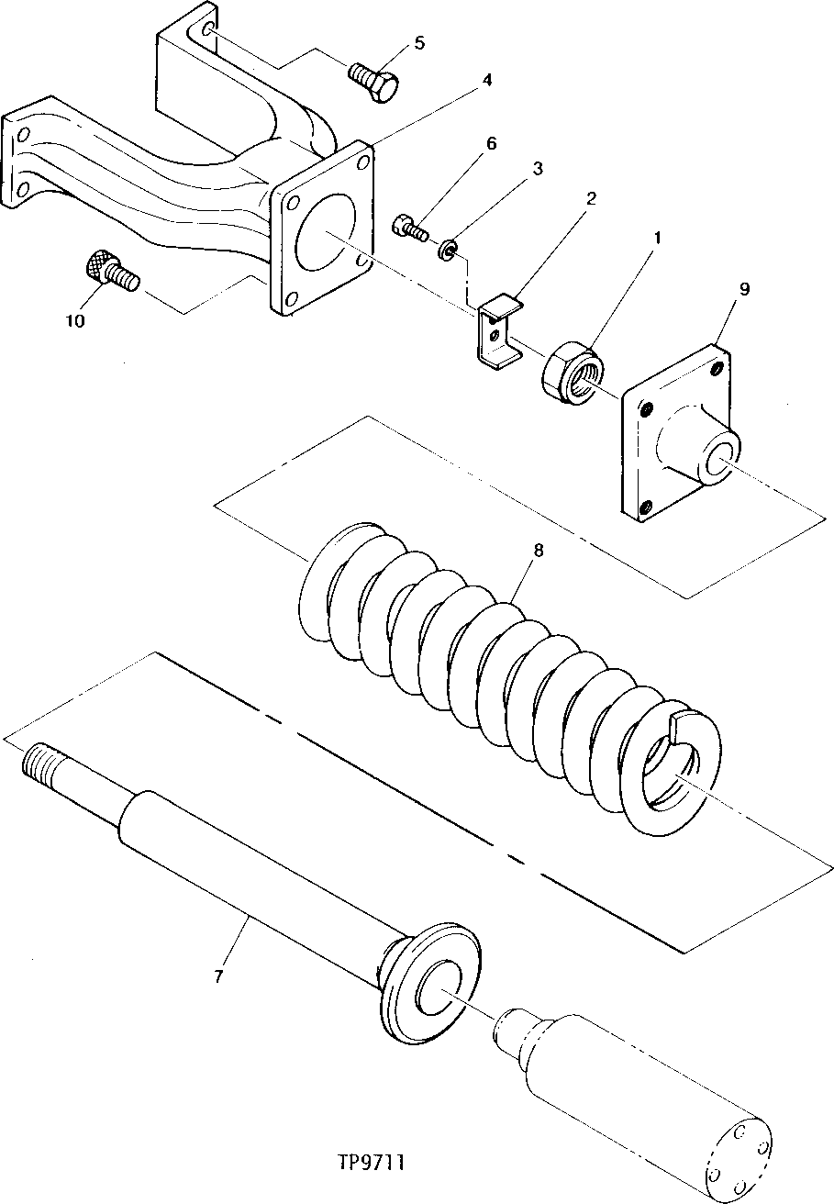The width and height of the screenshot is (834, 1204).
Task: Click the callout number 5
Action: [x=419, y=42]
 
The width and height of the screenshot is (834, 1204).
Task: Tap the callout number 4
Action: [x=486, y=80]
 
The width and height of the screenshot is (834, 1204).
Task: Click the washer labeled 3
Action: [x=449, y=248]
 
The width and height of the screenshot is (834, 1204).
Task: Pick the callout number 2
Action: [x=593, y=198]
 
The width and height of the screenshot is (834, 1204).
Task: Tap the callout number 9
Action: [x=744, y=289]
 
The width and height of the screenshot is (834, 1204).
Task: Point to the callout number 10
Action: [x=75, y=320]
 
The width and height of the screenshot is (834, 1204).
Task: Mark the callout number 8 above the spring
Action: [x=537, y=551]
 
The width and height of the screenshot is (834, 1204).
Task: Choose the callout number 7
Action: [x=218, y=977]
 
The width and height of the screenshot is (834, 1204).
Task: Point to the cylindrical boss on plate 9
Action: [x=702, y=446]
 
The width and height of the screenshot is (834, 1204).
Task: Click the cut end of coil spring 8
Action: [x=688, y=725]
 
